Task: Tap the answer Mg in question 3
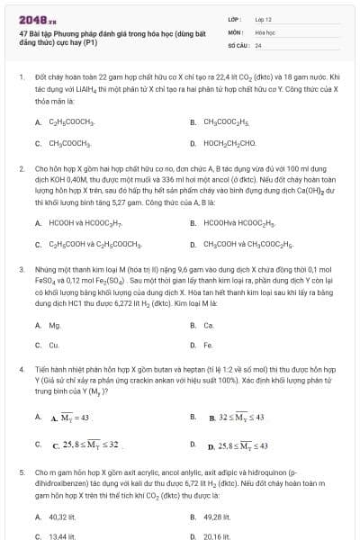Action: click(55, 325)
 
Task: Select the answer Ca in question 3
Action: click(209, 325)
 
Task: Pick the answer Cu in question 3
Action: click(54, 345)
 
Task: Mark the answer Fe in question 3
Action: click(209, 345)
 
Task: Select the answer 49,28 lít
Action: click(217, 517)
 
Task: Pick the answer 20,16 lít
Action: click(217, 535)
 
